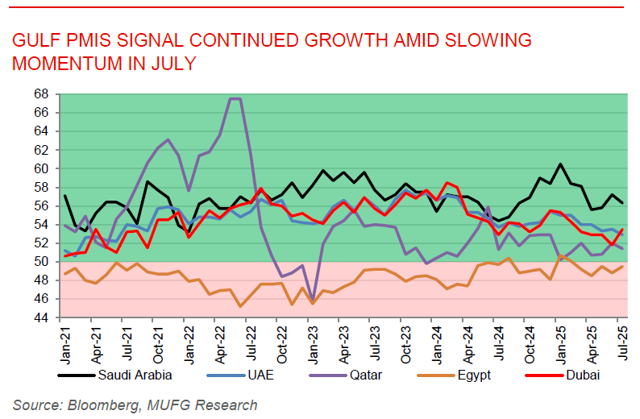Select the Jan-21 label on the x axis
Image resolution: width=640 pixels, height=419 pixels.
64,338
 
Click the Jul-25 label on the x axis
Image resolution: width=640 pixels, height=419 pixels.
621,338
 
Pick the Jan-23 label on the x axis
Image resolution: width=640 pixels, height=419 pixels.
312,338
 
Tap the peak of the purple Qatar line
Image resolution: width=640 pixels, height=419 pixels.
235,99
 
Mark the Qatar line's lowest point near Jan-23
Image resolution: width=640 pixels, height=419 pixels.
312,300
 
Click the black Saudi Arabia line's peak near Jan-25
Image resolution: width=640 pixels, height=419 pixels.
559,164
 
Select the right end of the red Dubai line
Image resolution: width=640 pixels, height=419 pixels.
621,230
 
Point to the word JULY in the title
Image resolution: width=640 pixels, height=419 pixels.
169,64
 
